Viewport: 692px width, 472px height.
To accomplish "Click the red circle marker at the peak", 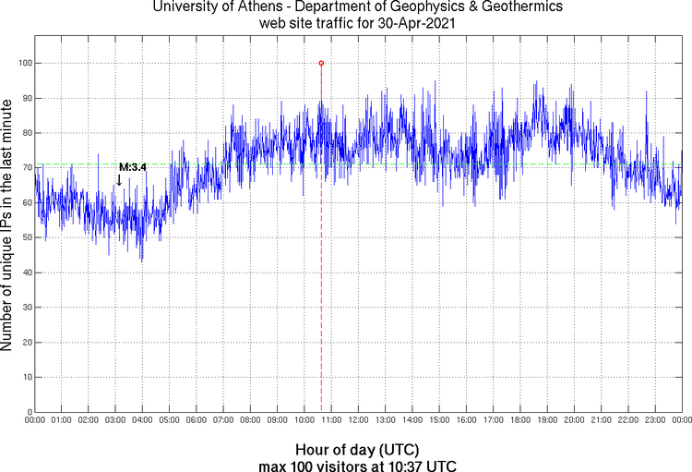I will pos(321,63).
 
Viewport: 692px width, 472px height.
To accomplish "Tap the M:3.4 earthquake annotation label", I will pos(133,166).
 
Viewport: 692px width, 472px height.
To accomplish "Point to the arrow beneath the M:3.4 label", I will pos(119,180).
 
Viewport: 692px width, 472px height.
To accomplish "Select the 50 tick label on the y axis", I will pos(24,237).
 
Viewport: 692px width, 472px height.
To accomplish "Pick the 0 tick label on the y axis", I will pos(27,412).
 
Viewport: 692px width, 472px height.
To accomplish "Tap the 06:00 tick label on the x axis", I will pos(196,420).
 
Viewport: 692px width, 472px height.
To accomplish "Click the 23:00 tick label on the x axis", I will pos(654,420).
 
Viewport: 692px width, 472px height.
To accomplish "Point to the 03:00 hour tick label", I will pos(115,420).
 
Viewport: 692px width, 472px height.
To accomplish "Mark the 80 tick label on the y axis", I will pos(24,133).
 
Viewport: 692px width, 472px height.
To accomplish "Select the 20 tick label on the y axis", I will pos(24,343).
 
